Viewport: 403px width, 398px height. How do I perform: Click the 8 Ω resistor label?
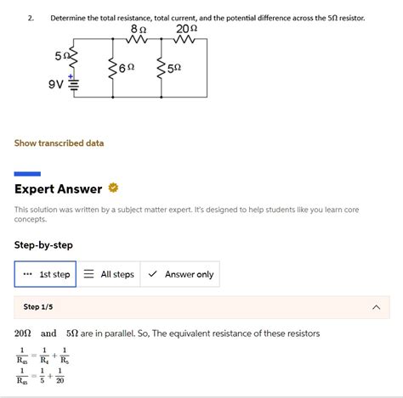[139, 29]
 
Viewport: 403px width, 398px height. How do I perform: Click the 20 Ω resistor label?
[187, 29]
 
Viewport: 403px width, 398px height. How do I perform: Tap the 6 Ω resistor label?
[127, 67]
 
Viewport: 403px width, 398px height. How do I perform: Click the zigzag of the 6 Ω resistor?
[111, 68]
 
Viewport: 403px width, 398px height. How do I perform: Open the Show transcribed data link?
[60, 143]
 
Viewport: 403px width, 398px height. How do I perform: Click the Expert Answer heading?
[58, 188]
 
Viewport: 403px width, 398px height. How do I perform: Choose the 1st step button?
[46, 274]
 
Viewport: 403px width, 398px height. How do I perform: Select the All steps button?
[109, 274]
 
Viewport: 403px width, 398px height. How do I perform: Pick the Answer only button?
[180, 274]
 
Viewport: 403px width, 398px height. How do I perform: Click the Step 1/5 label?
[39, 306]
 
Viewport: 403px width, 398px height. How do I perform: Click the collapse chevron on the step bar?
[377, 307]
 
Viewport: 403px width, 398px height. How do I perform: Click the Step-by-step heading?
[43, 245]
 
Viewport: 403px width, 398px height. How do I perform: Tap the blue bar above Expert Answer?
[28, 173]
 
